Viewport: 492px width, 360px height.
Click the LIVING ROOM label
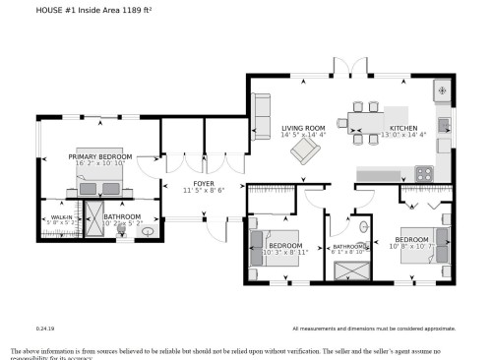click(x=303, y=129)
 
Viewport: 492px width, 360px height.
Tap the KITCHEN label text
click(x=403, y=129)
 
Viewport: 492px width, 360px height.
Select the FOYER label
click(x=204, y=183)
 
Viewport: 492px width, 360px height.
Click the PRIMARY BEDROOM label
click(x=99, y=156)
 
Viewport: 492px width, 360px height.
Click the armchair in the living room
click(x=306, y=150)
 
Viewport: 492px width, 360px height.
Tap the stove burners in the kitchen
click(x=425, y=173)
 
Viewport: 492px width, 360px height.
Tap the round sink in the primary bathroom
click(x=148, y=231)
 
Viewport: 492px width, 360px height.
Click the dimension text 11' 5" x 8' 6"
click(x=204, y=190)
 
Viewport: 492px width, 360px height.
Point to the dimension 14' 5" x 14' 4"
click(x=303, y=136)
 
